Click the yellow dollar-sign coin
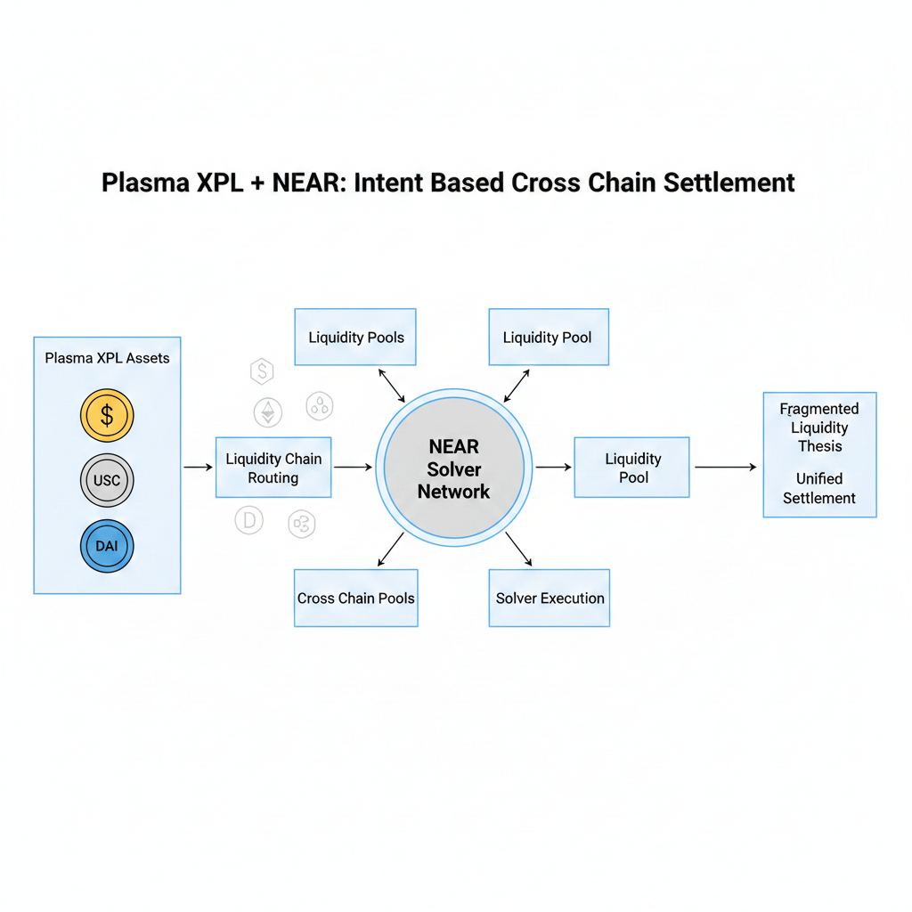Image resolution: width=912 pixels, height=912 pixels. tap(107, 416)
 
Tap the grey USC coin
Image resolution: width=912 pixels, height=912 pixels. tap(107, 481)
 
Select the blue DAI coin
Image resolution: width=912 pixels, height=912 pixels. tap(107, 545)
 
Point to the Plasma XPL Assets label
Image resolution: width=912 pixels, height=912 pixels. tap(107, 358)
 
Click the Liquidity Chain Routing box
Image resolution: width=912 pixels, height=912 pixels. tap(273, 468)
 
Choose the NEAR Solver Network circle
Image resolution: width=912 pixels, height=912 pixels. tap(453, 468)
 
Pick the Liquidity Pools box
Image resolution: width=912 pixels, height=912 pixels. tap(355, 338)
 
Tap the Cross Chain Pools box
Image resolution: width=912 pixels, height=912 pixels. tap(355, 598)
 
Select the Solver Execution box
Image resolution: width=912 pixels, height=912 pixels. tap(550, 598)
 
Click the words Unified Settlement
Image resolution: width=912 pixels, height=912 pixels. tap(819, 488)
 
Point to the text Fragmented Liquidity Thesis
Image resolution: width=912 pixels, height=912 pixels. tap(819, 427)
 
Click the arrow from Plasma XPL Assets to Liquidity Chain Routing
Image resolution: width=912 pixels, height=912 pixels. tap(198, 467)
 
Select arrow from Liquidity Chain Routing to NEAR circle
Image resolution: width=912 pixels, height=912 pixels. tap(352, 467)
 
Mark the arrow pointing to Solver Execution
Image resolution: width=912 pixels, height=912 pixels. tap(518, 550)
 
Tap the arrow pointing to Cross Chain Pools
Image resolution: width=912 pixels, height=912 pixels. tap(390, 550)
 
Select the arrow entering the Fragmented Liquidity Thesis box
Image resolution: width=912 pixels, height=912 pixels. tap(726, 467)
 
